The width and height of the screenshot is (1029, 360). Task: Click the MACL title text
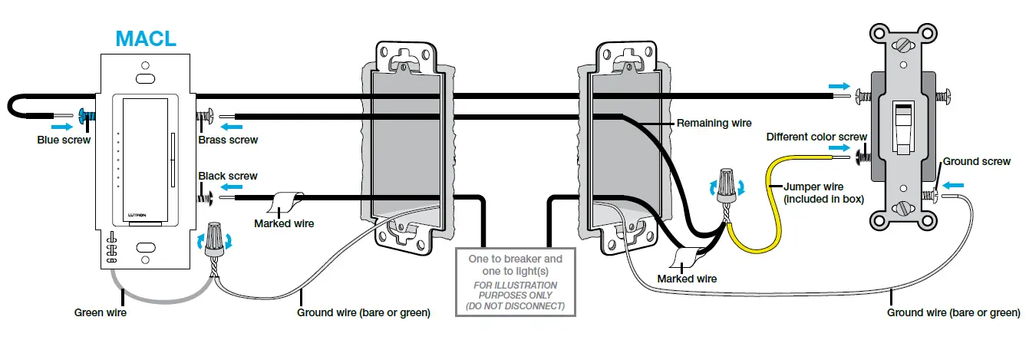coord(145,38)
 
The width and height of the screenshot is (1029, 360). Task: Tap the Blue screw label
coord(64,140)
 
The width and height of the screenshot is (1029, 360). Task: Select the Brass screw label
coord(228,140)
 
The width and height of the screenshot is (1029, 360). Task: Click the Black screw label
coord(228,176)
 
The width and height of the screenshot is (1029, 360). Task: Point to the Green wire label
coord(100,312)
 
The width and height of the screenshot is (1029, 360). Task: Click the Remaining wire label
coord(714,123)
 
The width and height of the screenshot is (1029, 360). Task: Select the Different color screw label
coord(816,137)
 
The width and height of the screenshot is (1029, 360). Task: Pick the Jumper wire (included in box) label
coord(824,193)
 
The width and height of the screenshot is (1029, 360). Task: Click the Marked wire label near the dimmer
coord(283,223)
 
